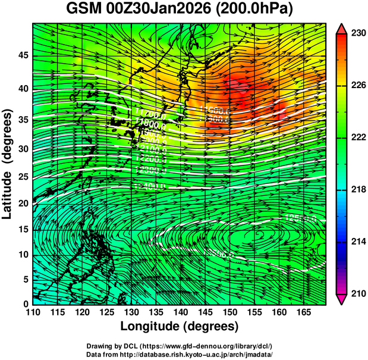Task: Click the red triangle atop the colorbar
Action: pos(341,29)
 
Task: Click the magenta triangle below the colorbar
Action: pos(341,299)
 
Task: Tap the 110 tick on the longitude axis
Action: pos(33,313)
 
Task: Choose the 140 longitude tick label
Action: pos(180,313)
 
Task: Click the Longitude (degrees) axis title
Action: pos(180,327)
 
